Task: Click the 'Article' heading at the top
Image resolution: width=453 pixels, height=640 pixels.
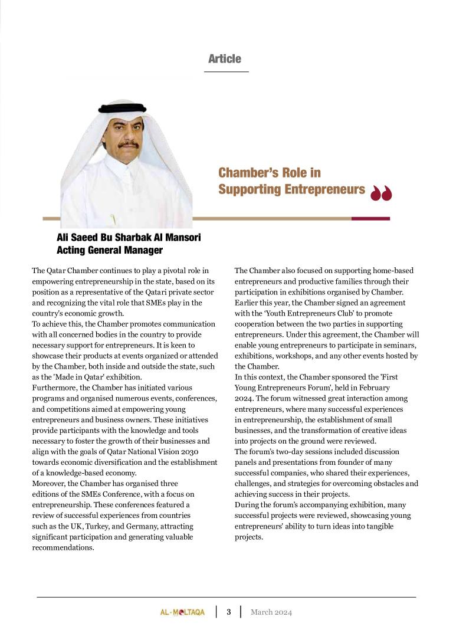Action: (225, 58)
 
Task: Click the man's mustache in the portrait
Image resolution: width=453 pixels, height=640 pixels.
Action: (128, 143)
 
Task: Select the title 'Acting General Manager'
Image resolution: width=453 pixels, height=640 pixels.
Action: (109, 251)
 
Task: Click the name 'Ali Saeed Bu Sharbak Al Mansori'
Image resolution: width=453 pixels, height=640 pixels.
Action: (129, 238)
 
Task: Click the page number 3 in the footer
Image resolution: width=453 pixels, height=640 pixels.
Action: (229, 612)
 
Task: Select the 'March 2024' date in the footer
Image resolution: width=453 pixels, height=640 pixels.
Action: (271, 612)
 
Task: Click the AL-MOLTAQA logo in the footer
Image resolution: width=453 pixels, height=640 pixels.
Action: (182, 612)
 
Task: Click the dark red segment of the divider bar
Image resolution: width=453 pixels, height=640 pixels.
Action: (370, 219)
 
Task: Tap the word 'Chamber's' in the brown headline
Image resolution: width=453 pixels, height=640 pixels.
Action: (244, 172)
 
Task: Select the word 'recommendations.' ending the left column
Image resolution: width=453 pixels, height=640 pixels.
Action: (63, 547)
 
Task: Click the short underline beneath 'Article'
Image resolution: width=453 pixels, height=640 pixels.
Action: (226, 71)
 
